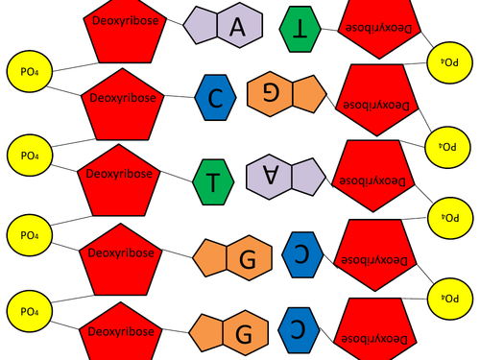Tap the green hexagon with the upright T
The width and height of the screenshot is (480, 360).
click(x=212, y=180)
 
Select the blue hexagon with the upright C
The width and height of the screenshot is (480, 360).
click(x=214, y=95)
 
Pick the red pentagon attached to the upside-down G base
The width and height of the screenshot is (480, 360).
click(x=381, y=101)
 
